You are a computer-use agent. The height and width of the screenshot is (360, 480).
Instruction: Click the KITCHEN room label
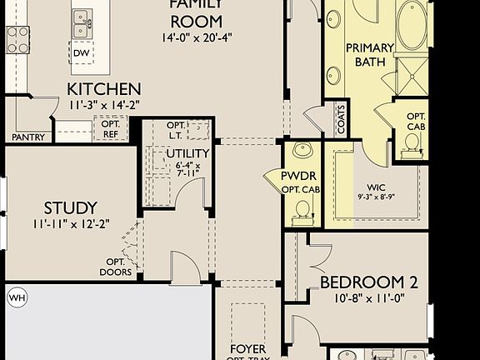click(x=104, y=89)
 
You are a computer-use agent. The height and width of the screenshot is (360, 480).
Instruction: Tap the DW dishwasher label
click(x=81, y=53)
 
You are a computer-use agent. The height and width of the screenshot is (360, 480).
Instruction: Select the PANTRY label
click(x=27, y=137)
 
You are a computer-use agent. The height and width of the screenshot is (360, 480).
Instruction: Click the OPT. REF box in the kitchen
click(x=110, y=129)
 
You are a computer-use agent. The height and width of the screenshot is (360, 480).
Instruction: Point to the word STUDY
click(x=71, y=207)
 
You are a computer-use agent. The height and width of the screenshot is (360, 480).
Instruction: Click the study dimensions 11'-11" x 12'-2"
click(x=71, y=223)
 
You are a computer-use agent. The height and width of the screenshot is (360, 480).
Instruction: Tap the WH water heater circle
click(x=17, y=297)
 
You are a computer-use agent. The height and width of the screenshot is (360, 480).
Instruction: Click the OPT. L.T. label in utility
click(x=177, y=129)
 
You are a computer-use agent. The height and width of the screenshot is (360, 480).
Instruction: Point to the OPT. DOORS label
click(x=115, y=267)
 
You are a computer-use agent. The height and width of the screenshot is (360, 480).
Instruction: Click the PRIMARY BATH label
click(x=369, y=55)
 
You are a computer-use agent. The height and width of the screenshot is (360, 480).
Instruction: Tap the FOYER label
click(x=248, y=350)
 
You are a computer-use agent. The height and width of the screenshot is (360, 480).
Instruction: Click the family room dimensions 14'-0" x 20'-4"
click(x=196, y=37)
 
